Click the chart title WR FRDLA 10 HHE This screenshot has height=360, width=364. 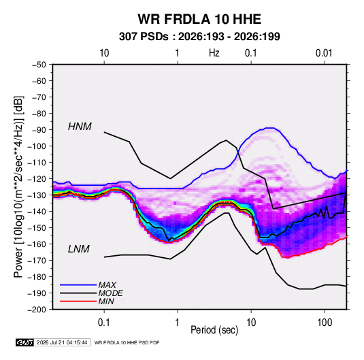(199, 19)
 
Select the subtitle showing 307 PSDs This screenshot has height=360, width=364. (199, 37)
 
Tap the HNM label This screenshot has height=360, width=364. (80, 127)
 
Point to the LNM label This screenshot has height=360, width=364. (78, 249)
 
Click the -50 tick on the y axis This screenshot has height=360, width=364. (39, 65)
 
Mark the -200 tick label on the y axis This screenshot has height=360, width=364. (37, 310)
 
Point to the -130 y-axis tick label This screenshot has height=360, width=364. (37, 195)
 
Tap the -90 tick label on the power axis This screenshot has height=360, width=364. (39, 129)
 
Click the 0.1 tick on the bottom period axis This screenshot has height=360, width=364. (103, 323)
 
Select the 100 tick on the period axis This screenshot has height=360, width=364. (325, 323)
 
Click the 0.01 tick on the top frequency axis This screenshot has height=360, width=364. (324, 53)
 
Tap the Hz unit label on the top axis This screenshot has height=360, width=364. (214, 53)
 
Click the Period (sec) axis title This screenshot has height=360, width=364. (214, 330)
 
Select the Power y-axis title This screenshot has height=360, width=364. (18, 186)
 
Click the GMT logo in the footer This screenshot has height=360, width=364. (24, 342)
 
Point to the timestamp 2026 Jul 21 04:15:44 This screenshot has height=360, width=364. (62, 342)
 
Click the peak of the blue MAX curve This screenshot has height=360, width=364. (270, 128)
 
